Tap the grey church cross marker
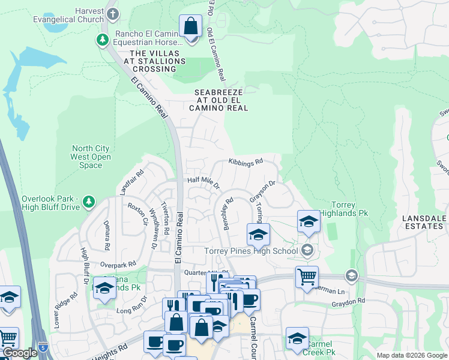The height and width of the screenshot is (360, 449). point(112,13)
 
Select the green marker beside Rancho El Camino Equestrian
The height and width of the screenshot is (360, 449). point(103,40)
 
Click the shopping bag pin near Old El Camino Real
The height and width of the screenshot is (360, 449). point(191,28)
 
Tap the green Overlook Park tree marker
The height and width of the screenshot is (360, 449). point(89,200)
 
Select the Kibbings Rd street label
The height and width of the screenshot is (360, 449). point(246,162)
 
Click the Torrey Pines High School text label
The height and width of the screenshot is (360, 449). point(251,251)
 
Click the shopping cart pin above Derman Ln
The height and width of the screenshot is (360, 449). point(307,277)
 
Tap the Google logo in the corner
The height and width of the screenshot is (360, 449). point(19,353)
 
